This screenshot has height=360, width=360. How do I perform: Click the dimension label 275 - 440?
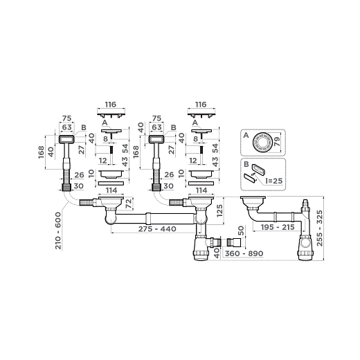tap(157, 229)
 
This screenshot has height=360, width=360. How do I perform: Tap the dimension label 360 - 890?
tap(244, 253)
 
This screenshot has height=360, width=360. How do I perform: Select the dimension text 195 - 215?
tap(278, 227)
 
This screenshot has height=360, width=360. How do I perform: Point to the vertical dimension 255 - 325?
tap(320, 228)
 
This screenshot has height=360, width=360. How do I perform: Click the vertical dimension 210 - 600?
tap(58, 231)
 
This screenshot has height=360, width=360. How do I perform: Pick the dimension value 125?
tap(219, 210)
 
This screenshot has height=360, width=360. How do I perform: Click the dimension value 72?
tap(129, 204)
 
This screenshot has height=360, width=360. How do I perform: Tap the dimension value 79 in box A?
tap(277, 141)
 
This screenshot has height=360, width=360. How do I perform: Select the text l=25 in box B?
tap(274, 181)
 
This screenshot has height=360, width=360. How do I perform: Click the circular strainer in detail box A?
tap(262, 143)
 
